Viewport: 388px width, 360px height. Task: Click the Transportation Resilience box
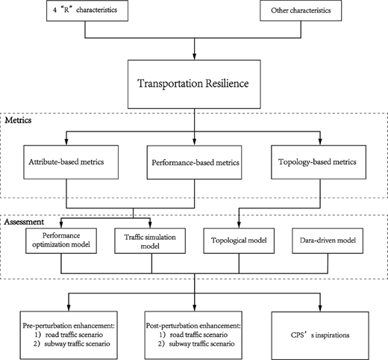point(194,84)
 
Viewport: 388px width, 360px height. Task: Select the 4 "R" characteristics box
point(87,10)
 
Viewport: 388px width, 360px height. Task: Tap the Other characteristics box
point(301,10)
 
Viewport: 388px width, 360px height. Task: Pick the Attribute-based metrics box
point(71,162)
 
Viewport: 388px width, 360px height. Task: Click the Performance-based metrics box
point(194,162)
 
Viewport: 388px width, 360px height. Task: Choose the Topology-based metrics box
point(319,162)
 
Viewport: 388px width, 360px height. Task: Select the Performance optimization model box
point(61,240)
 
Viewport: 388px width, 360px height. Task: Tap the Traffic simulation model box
point(150,240)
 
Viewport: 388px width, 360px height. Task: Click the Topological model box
point(239,240)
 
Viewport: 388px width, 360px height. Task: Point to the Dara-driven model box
point(328,240)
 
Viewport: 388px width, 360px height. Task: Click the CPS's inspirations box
point(320,335)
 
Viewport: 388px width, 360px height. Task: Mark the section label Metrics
point(18,120)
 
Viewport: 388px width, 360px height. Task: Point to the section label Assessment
point(24,222)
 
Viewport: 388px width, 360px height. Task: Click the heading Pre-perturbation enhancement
point(69,326)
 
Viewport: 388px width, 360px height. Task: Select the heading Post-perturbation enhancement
point(193,326)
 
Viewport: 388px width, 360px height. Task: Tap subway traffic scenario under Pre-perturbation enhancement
point(77,344)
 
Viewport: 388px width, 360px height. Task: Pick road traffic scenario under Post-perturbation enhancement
point(198,335)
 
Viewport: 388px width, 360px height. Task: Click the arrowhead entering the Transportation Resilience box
point(195,57)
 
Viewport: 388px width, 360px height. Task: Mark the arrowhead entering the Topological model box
point(239,225)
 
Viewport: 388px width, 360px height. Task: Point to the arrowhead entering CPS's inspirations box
point(320,308)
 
